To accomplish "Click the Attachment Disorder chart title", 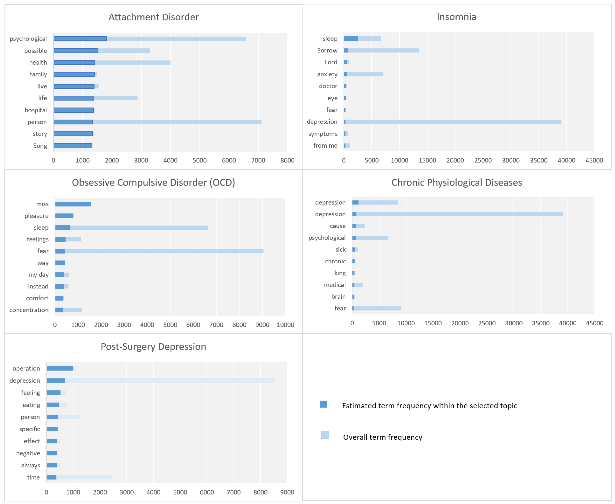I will click(x=153, y=17).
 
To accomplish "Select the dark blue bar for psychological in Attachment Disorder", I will click(x=80, y=39).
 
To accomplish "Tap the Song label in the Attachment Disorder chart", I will click(x=40, y=146).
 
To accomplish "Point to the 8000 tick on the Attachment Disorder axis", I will click(x=287, y=160).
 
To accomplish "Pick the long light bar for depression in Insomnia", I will click(x=453, y=122).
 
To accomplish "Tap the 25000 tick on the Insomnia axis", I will click(x=482, y=160).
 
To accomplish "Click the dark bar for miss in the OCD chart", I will click(x=73, y=204).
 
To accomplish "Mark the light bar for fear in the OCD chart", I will click(x=164, y=251).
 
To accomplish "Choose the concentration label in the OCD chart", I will click(x=29, y=310).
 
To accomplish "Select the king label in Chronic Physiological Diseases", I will click(x=340, y=273).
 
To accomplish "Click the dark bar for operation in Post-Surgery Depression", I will click(x=60, y=369).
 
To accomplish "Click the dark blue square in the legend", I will click(x=323, y=404).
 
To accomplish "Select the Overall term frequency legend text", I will click(x=382, y=437).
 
